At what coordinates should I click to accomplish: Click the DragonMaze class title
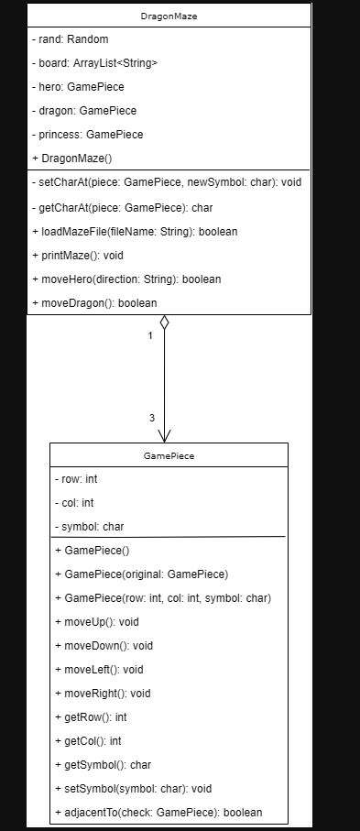(169, 16)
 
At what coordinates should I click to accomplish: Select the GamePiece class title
(169, 454)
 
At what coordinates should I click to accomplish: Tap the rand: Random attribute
(70, 39)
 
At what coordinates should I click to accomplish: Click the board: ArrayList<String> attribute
(94, 63)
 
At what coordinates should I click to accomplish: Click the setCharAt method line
(166, 183)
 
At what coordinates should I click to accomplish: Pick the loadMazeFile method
(135, 231)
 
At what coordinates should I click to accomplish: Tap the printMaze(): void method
(83, 255)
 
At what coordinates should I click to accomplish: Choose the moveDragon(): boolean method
(94, 302)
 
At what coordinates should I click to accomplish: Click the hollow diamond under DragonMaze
(164, 323)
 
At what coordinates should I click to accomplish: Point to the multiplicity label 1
(150, 335)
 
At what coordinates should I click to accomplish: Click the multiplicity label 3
(151, 418)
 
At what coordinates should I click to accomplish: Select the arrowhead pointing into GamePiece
(165, 434)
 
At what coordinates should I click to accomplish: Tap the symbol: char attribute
(89, 527)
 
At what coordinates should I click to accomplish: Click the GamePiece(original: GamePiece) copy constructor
(141, 574)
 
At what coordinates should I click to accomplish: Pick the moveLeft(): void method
(103, 670)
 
